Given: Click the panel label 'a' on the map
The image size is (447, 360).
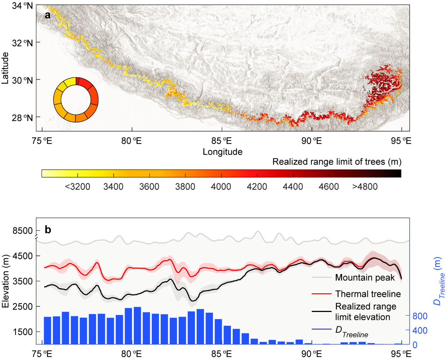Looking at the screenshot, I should click(x=47, y=15).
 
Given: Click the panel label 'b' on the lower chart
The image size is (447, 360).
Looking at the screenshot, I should click(x=48, y=230).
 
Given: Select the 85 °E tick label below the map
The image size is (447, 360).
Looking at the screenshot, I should click(x=222, y=141).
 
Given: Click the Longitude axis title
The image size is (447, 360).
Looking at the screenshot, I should click(x=222, y=152).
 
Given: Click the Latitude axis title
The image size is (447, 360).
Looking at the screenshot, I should click(x=5, y=68).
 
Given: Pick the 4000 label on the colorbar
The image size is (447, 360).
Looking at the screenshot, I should click(x=221, y=187).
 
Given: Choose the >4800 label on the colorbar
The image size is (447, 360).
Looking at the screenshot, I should click(x=365, y=187).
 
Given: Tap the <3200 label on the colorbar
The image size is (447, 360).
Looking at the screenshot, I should click(x=77, y=187).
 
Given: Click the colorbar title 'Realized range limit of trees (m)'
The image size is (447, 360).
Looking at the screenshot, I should click(x=337, y=162).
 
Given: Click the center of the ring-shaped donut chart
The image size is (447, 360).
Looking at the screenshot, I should click(x=76, y=100).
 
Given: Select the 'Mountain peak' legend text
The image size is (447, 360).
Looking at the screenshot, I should click(x=365, y=277).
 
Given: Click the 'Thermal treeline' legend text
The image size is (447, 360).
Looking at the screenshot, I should click(x=368, y=294).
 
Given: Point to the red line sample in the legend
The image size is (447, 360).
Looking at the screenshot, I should click(x=322, y=294).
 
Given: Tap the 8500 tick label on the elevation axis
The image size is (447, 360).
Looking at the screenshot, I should click(x=23, y=231).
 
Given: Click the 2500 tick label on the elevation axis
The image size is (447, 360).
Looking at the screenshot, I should click(x=23, y=306).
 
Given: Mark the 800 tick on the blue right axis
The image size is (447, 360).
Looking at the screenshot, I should click(x=420, y=316).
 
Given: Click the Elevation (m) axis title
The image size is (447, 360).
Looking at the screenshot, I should click(x=5, y=281).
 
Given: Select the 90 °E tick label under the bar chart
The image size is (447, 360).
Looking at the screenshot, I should click(x=312, y=354).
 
